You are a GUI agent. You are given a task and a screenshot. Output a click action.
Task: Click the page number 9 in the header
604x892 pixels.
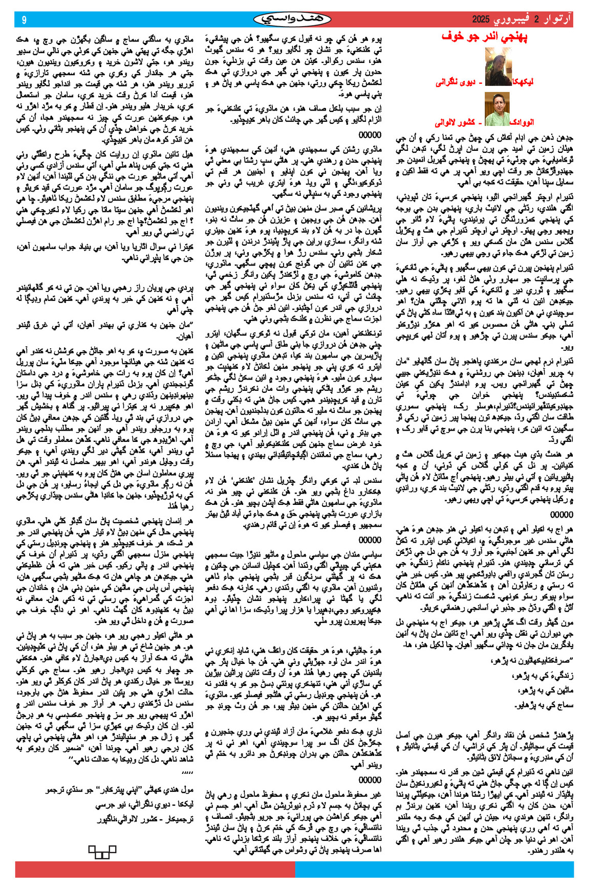coord(24,20)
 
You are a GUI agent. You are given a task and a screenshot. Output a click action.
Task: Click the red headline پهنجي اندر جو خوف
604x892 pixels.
coord(484,36)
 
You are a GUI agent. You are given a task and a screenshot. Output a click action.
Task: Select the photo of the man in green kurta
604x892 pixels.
coord(497,109)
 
